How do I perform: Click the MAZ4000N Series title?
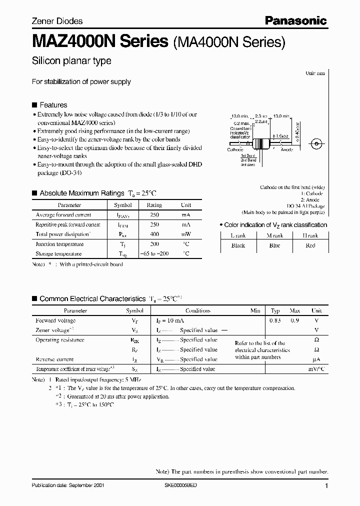click(100, 42)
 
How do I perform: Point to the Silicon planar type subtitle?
click(71, 61)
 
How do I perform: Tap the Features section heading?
click(53, 105)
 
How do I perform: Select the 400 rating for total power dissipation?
click(154, 234)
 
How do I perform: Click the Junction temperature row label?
click(59, 244)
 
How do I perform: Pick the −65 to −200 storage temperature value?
click(154, 253)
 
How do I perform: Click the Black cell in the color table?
click(238, 245)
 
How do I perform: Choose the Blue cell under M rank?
click(274, 245)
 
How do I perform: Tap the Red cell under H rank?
click(310, 245)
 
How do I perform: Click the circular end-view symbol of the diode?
click(315, 144)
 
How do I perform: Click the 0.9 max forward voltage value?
click(294, 320)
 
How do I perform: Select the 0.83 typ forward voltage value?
click(275, 320)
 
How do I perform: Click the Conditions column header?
click(197, 310)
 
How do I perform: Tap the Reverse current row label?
click(54, 359)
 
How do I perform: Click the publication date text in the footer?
click(68, 485)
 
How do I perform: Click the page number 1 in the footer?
click(326, 485)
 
